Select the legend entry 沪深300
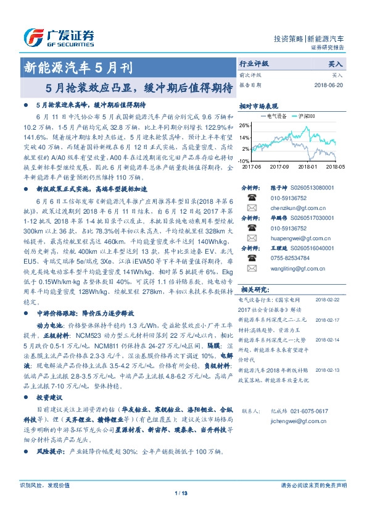click(307, 116)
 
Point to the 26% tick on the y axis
click(245, 125)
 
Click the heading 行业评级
click(254, 64)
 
